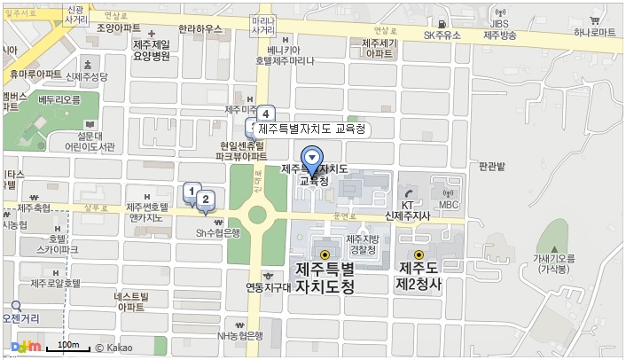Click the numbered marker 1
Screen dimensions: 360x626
(190, 191)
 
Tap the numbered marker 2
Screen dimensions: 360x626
(205, 200)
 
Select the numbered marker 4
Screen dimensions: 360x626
(264, 113)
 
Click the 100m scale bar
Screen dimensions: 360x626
(67, 346)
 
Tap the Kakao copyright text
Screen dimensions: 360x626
(114, 347)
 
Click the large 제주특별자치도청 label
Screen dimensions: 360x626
(324, 278)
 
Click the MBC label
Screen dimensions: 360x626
(449, 206)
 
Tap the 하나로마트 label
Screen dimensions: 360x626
(594, 32)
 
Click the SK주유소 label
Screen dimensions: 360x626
(444, 35)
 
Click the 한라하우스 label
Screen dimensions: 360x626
(199, 29)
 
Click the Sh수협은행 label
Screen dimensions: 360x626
(219, 232)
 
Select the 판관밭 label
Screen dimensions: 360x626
(491, 167)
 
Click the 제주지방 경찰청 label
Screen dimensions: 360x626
(364, 245)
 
